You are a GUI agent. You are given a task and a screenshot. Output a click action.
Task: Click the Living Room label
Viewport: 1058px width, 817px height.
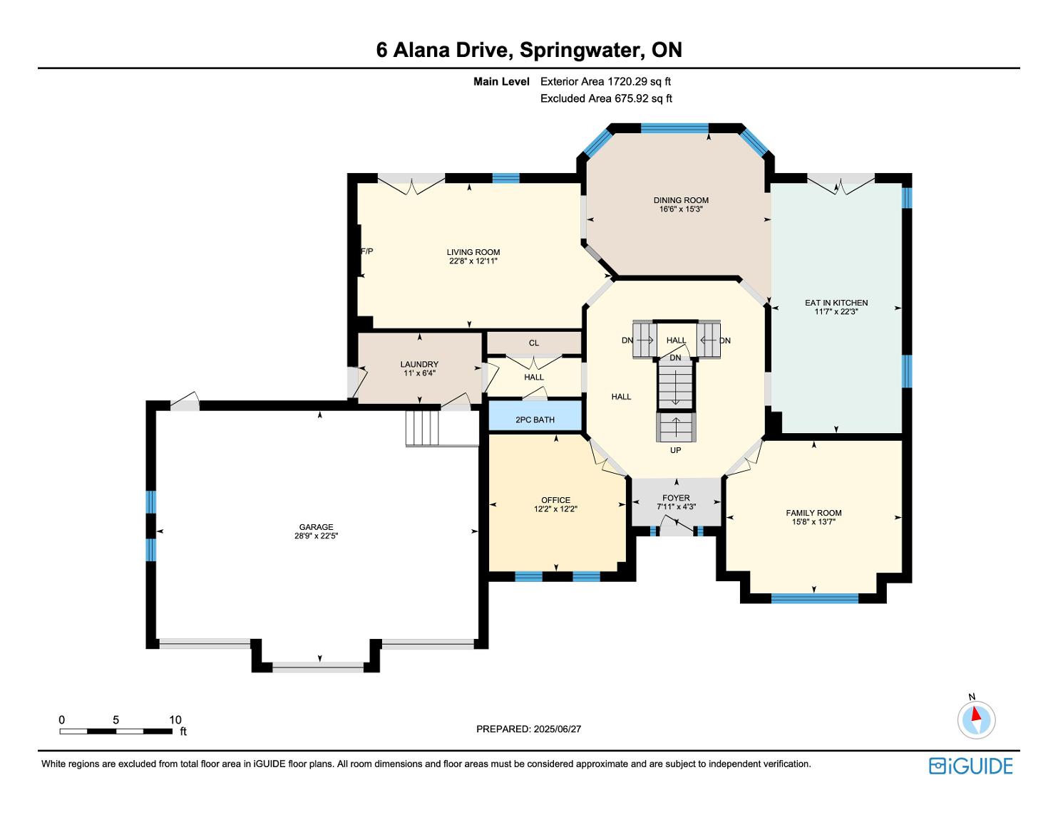point(473,252)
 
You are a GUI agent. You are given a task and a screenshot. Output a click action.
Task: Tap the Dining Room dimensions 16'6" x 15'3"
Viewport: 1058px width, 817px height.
point(681,209)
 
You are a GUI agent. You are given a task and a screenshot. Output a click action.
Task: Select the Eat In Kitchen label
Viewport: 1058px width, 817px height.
point(836,303)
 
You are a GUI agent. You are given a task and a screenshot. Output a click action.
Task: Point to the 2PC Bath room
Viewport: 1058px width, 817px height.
point(535,416)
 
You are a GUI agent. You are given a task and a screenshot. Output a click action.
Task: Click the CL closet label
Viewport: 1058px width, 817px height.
point(534,343)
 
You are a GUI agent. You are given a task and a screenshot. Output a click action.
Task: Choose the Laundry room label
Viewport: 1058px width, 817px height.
point(419,364)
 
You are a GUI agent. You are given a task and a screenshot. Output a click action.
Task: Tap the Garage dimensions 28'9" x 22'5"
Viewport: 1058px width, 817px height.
point(316,536)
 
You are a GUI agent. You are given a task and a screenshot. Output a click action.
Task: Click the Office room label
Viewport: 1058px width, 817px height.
point(555,500)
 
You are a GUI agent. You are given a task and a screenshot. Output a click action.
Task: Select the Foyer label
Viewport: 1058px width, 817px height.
point(676,498)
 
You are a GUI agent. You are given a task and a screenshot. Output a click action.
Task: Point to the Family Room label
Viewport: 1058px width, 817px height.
point(813,513)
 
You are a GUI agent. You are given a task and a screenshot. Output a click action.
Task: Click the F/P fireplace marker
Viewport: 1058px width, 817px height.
point(367,251)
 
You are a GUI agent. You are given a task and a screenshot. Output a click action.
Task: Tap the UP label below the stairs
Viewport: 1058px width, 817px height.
point(675,450)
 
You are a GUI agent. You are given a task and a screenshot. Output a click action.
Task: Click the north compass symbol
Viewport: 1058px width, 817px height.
point(976,718)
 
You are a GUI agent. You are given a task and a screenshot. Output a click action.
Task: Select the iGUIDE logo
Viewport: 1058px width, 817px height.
point(970,766)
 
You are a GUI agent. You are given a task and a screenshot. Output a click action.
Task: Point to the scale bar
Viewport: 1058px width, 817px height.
point(116,731)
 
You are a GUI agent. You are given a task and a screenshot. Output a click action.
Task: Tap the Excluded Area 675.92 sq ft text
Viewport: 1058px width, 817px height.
point(606,98)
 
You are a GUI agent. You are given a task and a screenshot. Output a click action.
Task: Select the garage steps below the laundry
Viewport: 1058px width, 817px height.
point(423,428)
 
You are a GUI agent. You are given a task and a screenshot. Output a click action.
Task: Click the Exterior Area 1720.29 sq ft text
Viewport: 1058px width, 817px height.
point(606,82)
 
